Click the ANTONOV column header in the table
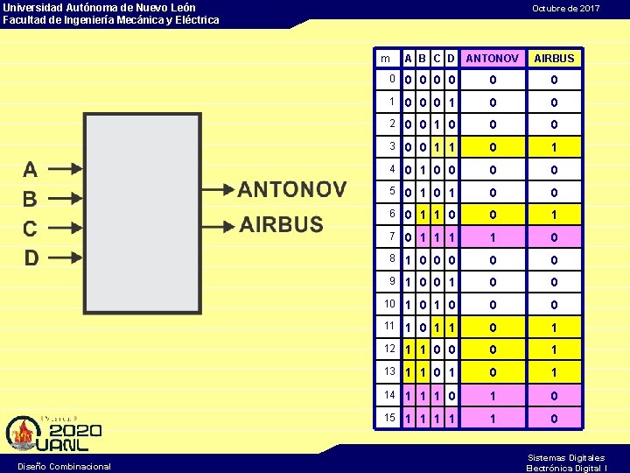click(x=492, y=59)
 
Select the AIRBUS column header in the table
click(x=554, y=59)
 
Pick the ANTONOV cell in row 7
click(x=492, y=237)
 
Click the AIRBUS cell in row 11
click(x=554, y=328)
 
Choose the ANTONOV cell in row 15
click(x=492, y=419)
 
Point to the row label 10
click(x=388, y=304)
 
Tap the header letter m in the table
click(x=385, y=59)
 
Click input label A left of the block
click(x=31, y=170)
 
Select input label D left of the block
click(x=31, y=258)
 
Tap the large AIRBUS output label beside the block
click(x=282, y=224)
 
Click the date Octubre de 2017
click(x=566, y=8)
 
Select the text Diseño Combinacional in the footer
click(x=64, y=466)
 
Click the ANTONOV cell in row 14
click(x=492, y=395)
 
